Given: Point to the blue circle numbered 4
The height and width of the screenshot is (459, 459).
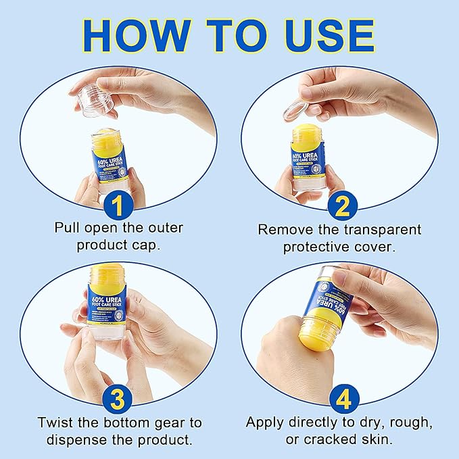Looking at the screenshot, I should pyautogui.click(x=341, y=399).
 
